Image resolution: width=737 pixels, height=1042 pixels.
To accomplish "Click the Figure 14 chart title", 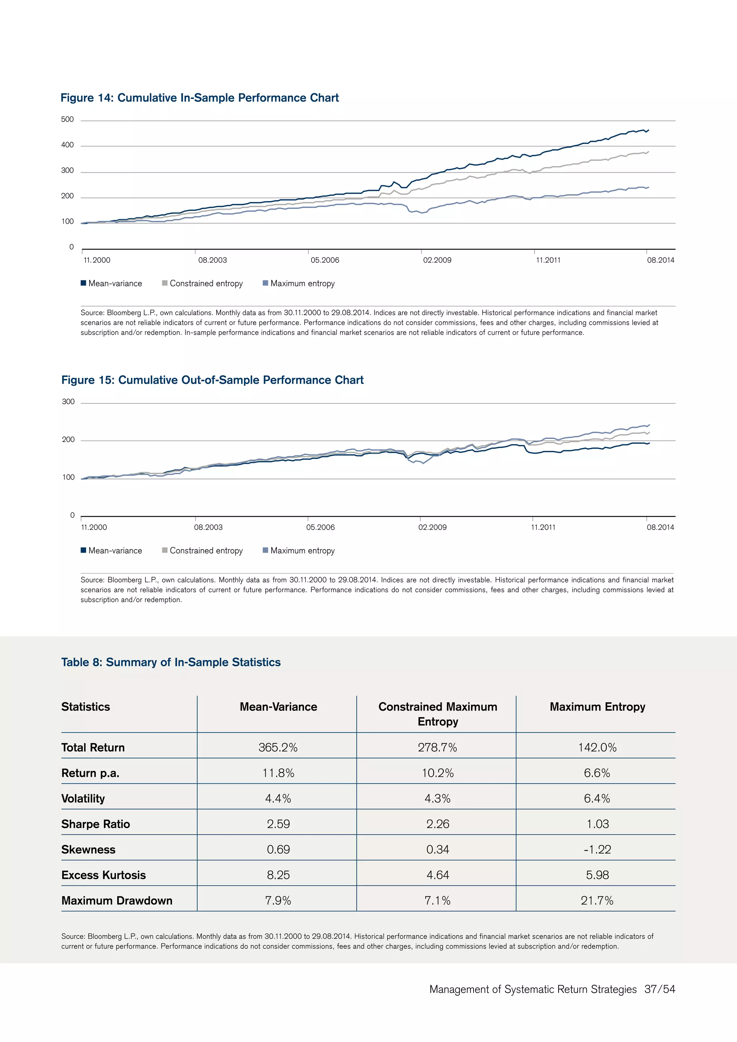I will (x=200, y=98).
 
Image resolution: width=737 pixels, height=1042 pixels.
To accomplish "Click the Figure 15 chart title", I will (x=212, y=380).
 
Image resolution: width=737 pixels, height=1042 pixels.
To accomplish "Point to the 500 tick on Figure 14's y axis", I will (x=67, y=119).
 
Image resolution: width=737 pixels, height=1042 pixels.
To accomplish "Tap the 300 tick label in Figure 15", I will (x=68, y=402).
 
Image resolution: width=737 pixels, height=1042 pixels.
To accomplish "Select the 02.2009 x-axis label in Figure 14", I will (x=437, y=260).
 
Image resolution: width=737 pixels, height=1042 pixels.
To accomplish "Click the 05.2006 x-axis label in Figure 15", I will (x=320, y=527).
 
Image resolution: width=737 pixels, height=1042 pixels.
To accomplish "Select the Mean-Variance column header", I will (x=278, y=707).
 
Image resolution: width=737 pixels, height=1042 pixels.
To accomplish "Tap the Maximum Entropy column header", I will (x=597, y=707).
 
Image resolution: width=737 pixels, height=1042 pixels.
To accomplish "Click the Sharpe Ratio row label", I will (x=96, y=824).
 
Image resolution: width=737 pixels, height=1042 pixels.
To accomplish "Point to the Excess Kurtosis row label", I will (x=104, y=875).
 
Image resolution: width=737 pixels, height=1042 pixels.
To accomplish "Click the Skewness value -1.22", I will (x=597, y=850).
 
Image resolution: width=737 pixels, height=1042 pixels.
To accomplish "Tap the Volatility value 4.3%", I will (x=438, y=799).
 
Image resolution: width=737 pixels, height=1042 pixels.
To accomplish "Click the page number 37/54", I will (x=659, y=989).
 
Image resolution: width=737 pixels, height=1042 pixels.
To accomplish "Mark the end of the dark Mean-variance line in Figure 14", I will (x=648, y=130).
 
